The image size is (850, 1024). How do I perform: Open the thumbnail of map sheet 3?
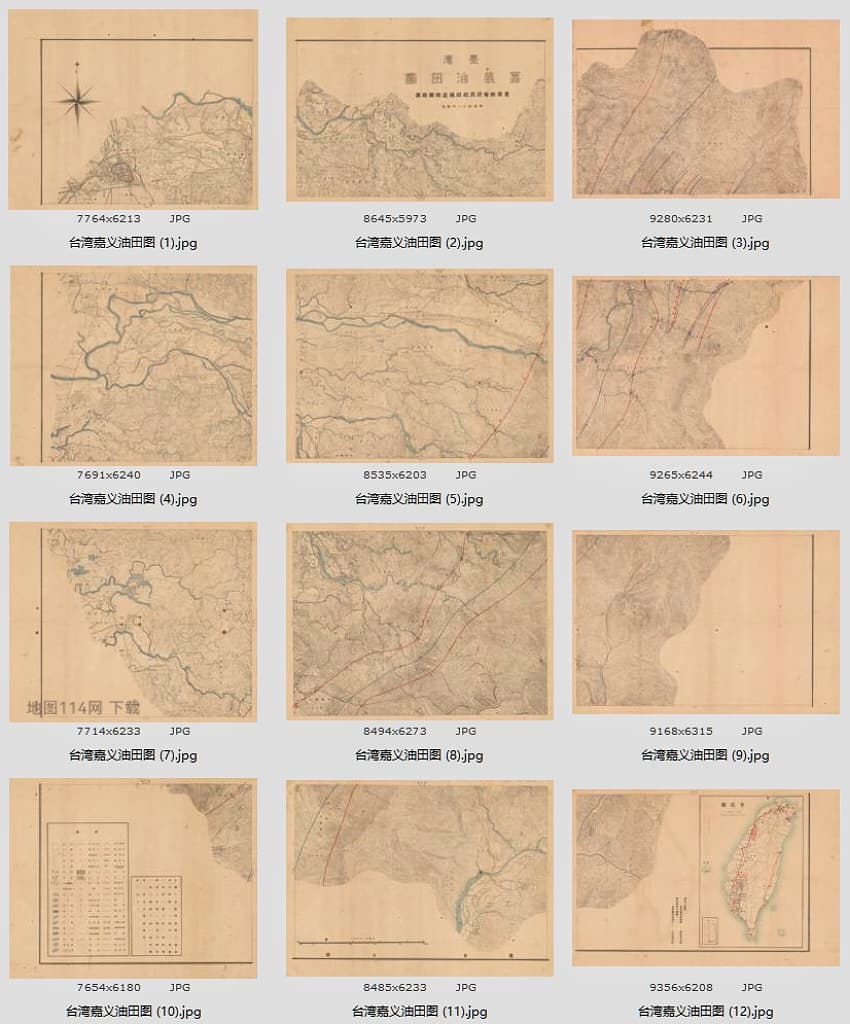(x=705, y=108)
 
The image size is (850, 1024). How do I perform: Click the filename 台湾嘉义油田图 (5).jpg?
(x=419, y=499)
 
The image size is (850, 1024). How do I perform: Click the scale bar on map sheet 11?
(x=364, y=941)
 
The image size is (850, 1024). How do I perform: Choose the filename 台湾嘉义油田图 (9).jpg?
(x=705, y=756)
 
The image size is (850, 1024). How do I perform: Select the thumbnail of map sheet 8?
(x=419, y=623)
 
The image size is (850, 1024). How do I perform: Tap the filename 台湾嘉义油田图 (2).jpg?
(x=419, y=243)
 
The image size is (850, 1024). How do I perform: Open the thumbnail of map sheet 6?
(x=705, y=367)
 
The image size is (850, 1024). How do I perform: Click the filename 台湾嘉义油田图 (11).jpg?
(x=419, y=1012)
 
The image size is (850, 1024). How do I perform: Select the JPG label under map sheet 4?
(x=179, y=475)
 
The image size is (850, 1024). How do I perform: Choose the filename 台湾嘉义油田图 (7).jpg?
(x=133, y=756)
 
